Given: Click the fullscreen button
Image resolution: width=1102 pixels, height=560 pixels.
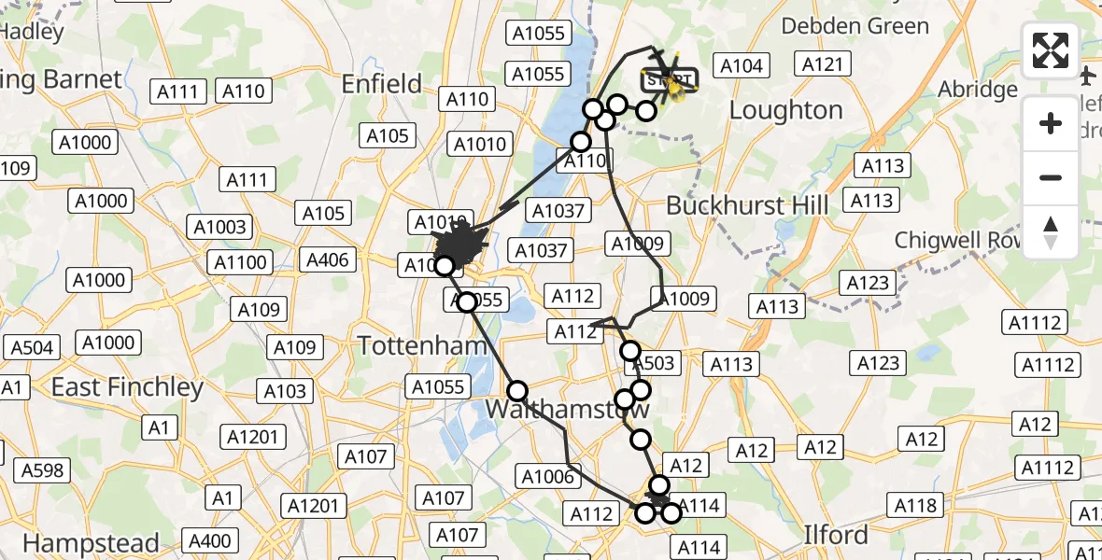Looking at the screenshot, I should pos(1051,50).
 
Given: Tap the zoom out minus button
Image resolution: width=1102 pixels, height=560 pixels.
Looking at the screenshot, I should pos(1051,177).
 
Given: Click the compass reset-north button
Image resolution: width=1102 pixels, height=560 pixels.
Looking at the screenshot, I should pos(1051,232).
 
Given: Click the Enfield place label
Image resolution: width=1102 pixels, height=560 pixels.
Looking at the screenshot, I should pos(382,84).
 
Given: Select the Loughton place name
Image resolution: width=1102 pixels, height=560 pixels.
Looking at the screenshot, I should pos(785,110).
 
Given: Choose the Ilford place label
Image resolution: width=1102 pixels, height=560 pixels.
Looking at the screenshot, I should pos(836,536).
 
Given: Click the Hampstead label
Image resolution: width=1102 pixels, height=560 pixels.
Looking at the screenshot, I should pos(90,542).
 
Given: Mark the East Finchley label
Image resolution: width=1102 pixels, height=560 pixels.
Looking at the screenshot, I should pos(127,386).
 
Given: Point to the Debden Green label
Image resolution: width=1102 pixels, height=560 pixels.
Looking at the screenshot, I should pos(855,26).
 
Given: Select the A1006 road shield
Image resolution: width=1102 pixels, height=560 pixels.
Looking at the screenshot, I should pos(547,478).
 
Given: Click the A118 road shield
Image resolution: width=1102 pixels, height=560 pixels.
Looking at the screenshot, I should pos(916,506).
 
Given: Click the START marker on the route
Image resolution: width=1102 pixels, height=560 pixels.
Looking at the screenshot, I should pos(668,80).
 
